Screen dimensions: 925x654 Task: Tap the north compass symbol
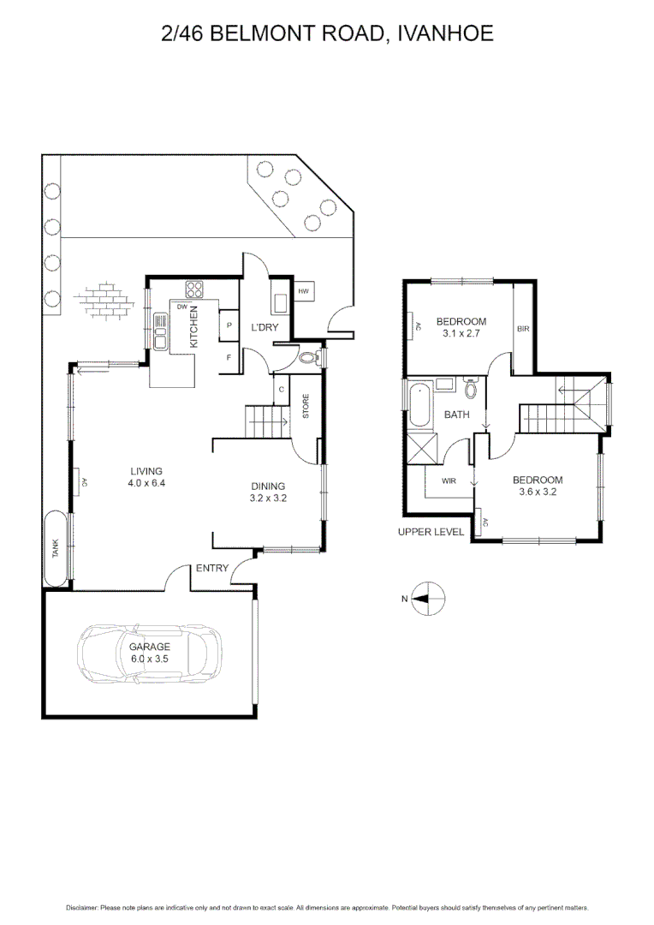point(427,599)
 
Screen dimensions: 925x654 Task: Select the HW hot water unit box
point(304,292)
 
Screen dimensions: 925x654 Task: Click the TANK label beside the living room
point(56,549)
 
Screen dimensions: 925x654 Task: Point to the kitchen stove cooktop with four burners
point(193,289)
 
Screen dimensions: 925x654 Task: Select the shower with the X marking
point(422,448)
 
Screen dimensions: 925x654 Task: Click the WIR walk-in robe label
point(449,481)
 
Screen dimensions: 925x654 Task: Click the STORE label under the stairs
point(305,407)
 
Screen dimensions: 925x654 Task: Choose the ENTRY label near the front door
point(211,568)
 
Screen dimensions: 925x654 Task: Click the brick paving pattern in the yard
point(105,299)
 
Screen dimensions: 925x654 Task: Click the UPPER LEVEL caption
point(431,532)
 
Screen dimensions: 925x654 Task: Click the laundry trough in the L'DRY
point(280,302)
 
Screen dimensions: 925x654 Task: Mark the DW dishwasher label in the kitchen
point(182,306)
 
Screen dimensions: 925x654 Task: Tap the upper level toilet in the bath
point(470,391)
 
